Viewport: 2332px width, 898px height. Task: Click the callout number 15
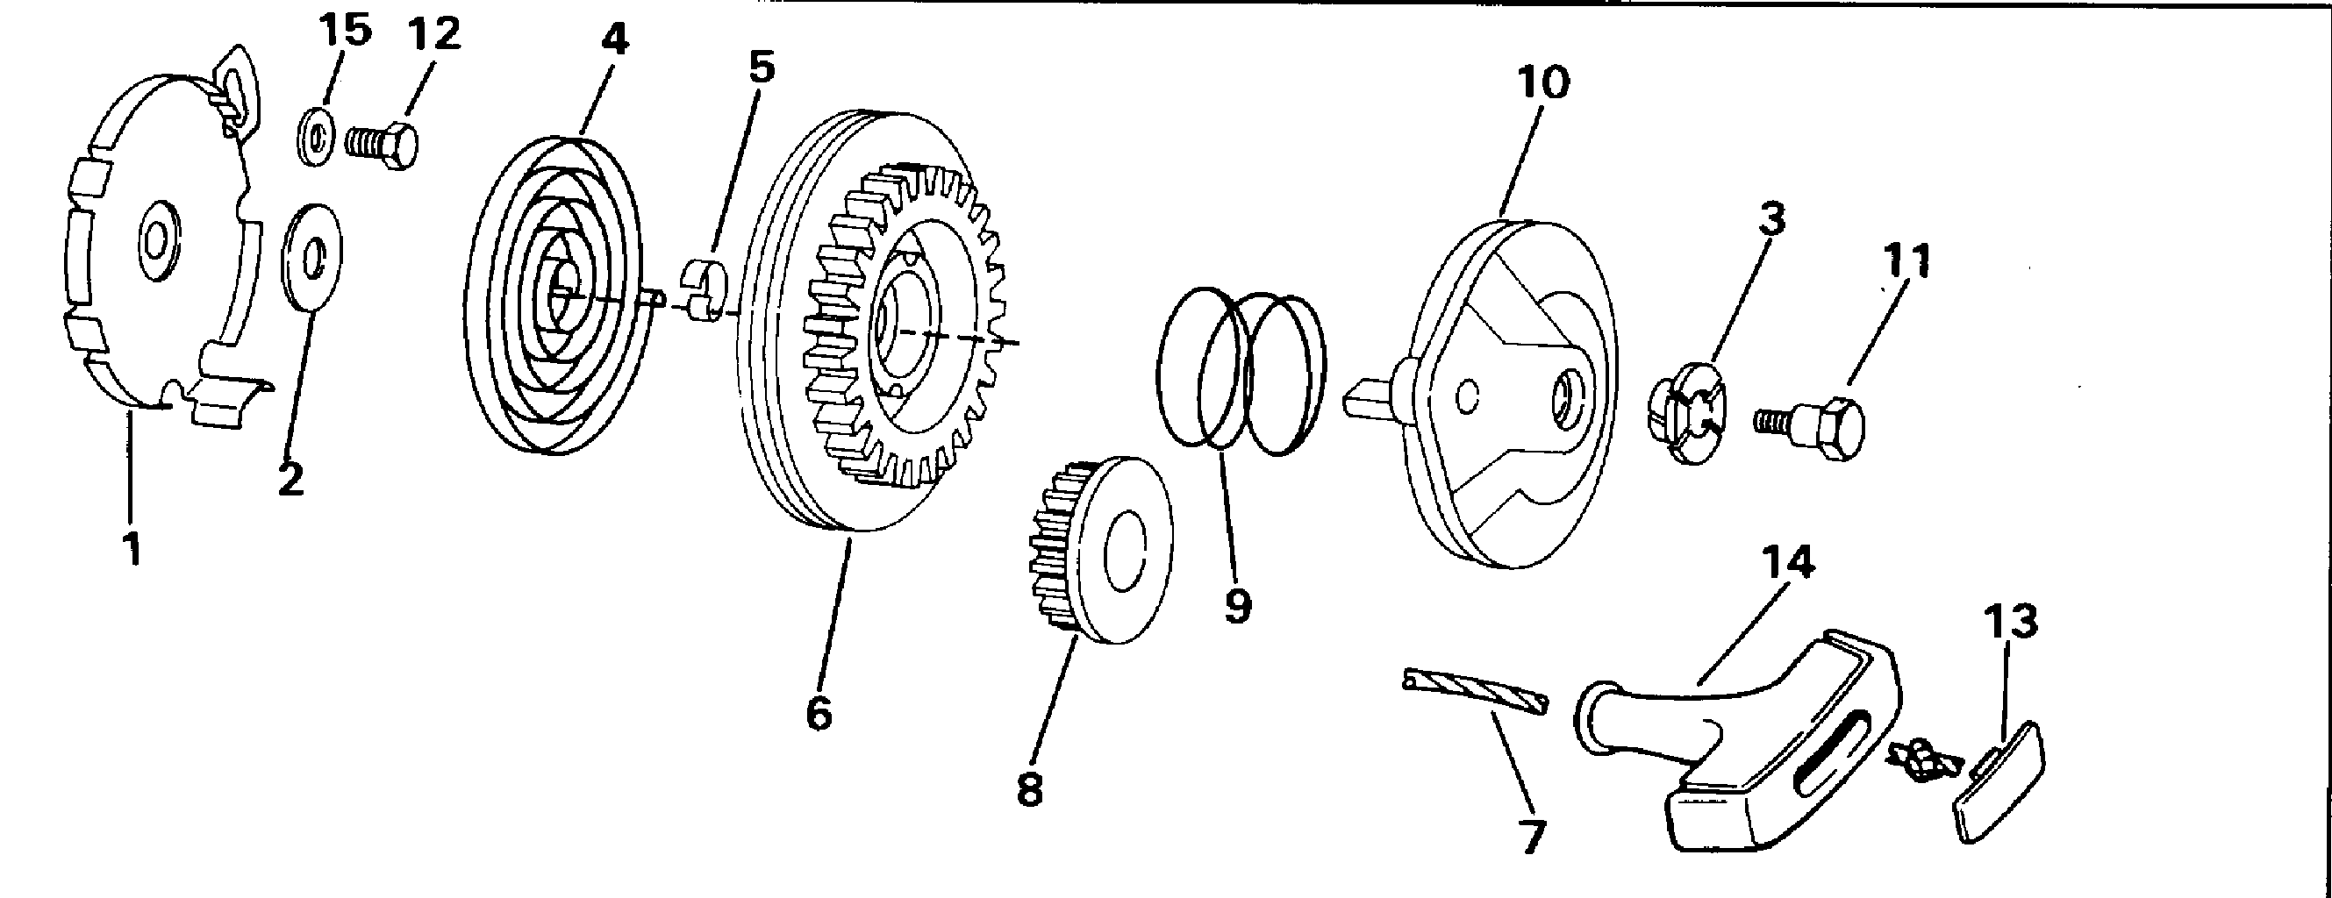(x=345, y=32)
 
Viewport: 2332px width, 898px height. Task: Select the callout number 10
(x=1542, y=83)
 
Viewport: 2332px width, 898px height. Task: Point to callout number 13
(x=2011, y=622)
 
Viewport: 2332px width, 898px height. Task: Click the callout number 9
(x=1238, y=605)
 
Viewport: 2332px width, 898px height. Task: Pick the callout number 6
(x=819, y=713)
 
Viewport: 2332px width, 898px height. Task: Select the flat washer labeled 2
(x=312, y=258)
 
